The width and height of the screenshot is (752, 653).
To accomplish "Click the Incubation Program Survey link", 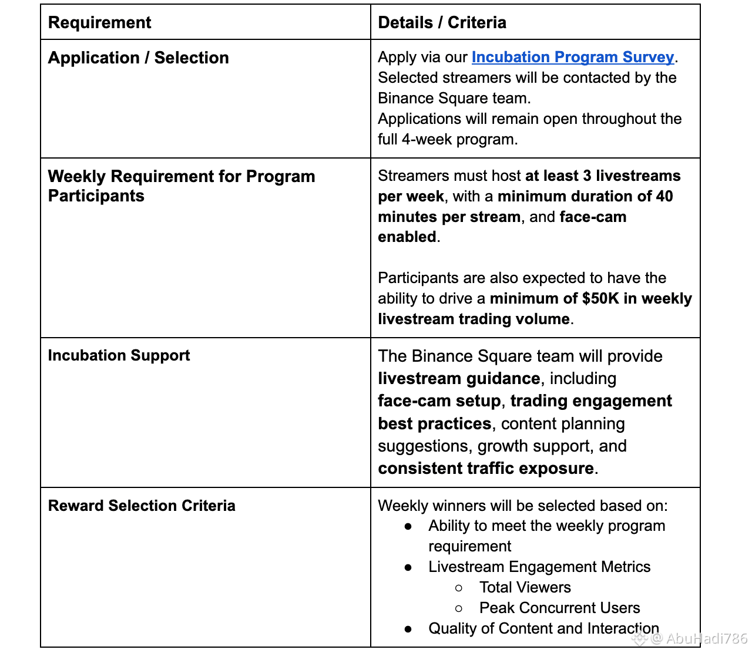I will [572, 57].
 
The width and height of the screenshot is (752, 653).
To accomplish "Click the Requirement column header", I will [99, 22].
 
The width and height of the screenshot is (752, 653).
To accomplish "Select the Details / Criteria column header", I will [442, 22].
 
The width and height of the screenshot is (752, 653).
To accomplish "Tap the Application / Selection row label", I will [138, 58].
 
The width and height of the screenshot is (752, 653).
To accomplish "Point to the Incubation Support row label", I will [119, 355].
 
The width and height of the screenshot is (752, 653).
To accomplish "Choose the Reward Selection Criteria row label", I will [142, 506].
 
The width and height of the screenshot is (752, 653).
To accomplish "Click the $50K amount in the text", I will [600, 298].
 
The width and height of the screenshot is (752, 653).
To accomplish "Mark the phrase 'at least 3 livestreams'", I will [603, 176].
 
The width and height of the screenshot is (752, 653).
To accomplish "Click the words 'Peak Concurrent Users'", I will [559, 608].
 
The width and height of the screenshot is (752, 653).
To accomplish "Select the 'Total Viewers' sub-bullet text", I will [525, 587].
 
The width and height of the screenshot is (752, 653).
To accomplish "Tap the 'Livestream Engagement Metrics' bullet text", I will [539, 567].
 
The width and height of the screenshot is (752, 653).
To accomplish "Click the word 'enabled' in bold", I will [407, 237].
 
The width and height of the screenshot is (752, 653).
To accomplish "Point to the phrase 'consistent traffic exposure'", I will [486, 468].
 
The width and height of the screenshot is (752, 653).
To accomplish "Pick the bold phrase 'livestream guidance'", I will [459, 378].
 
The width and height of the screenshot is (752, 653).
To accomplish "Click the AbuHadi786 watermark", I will [699, 638].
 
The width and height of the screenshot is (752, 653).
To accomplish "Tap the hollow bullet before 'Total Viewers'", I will [459, 588].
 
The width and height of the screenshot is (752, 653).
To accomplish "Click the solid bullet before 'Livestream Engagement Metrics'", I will [408, 567].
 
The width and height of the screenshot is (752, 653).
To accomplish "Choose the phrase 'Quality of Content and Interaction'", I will [543, 628].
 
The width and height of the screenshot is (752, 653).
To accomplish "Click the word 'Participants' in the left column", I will [96, 196].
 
